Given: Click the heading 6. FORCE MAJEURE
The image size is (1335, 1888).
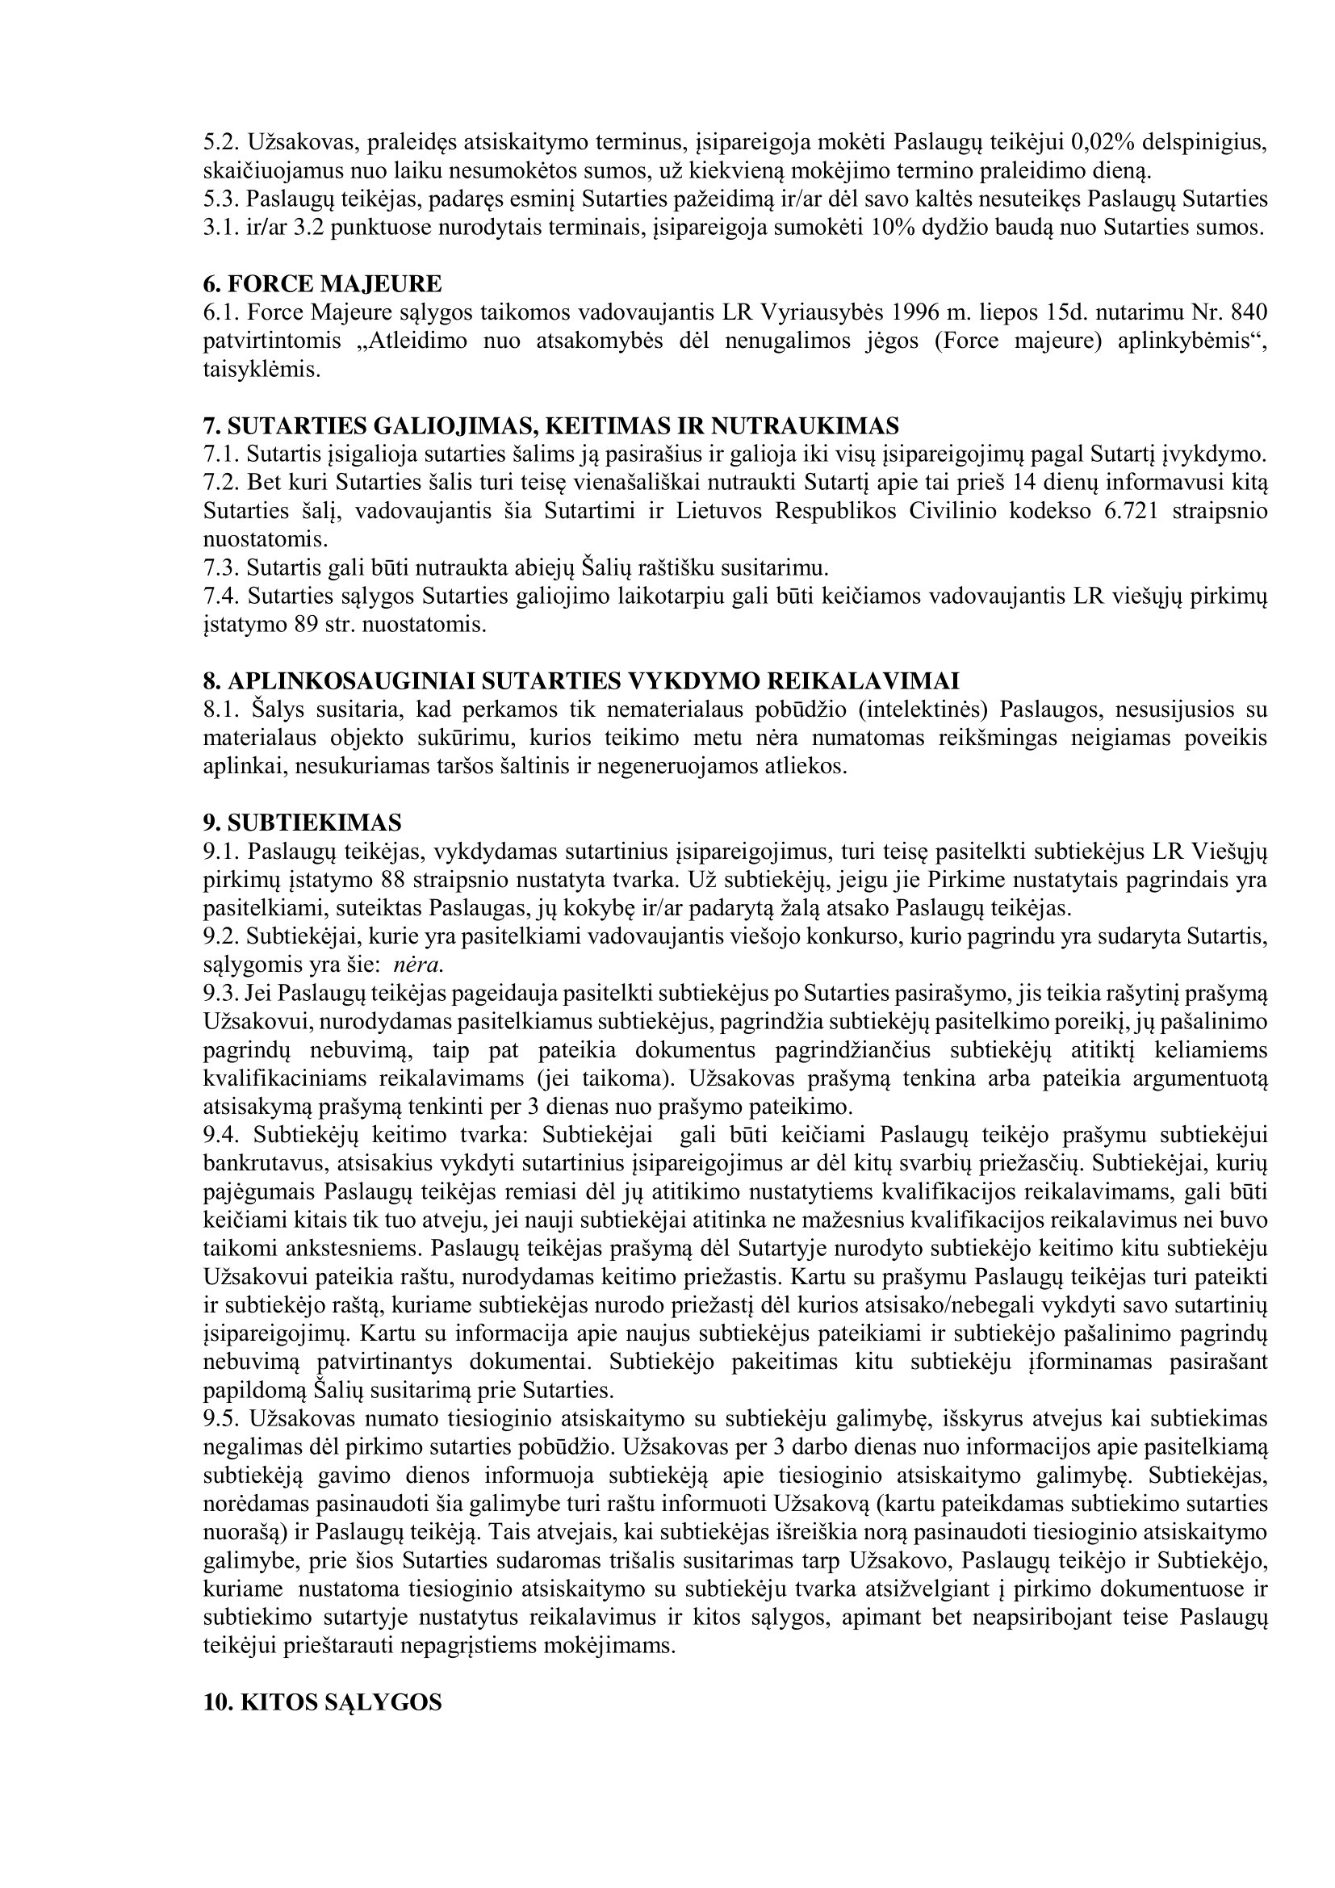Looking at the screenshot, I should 322,284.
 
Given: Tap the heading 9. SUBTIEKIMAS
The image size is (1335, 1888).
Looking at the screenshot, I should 303,823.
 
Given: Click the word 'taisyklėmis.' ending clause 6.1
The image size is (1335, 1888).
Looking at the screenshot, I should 262,370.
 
